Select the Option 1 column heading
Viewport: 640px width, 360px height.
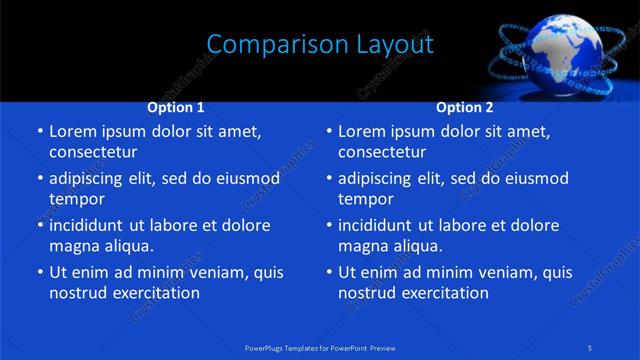176,107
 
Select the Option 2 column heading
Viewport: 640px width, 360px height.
465,107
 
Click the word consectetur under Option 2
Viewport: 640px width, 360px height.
382,152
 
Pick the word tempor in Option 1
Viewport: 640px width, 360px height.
76,199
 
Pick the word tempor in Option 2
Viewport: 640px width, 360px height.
365,199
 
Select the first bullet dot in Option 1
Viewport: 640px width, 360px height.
38,131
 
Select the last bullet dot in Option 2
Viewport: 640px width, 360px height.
328,272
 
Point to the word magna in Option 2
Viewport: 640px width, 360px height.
363,246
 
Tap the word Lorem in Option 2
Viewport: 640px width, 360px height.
363,131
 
